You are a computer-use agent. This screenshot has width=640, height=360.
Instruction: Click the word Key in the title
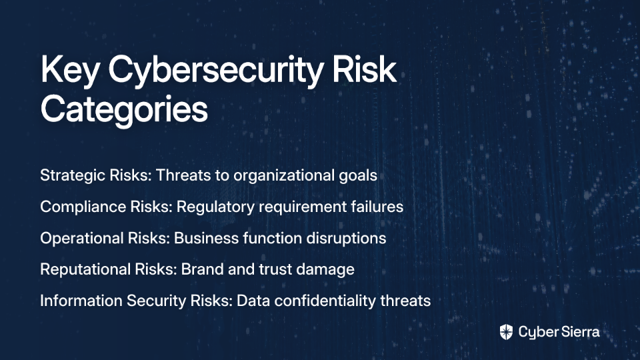[70, 70]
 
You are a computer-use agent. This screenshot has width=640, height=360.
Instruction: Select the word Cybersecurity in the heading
[216, 70]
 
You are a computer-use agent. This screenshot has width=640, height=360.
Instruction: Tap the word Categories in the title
[124, 109]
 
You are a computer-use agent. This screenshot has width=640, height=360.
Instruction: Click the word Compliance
[83, 207]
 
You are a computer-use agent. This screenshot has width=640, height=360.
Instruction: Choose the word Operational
[81, 239]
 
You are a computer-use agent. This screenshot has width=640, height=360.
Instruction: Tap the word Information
[81, 301]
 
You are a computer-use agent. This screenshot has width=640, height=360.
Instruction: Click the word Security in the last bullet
[156, 301]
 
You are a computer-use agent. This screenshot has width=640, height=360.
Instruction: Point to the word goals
[358, 175]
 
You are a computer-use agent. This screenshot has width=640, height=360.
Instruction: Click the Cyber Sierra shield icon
[506, 332]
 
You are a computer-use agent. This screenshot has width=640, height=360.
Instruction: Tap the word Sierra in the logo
[579, 332]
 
